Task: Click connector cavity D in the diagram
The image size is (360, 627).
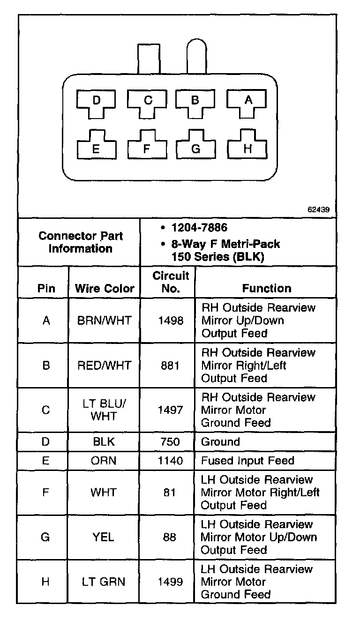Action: coord(97,103)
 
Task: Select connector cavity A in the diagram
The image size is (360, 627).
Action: coord(248,102)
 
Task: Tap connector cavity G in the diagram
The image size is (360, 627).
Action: coord(196,148)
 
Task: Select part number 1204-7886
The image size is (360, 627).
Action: coord(199,228)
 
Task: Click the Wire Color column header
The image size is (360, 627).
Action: coord(104,289)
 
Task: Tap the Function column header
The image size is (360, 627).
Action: coord(266,289)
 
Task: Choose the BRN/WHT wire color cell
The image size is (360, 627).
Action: coord(104,321)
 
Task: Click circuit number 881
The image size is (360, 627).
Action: coord(170,365)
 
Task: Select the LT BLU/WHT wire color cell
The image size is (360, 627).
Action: coord(104,410)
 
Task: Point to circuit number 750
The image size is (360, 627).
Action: coord(170,442)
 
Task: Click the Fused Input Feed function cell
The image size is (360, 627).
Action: coord(247,461)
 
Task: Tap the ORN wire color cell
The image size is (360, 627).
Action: coord(104,461)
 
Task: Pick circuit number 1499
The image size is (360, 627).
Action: coord(170,582)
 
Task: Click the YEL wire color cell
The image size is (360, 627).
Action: coord(104,537)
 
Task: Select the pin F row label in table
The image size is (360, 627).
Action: coord(45,493)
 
